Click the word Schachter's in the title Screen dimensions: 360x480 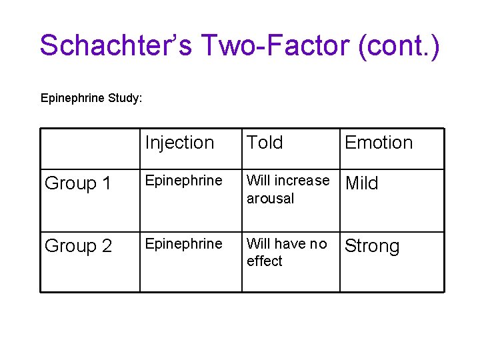click(115, 45)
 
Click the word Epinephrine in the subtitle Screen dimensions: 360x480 click(72, 98)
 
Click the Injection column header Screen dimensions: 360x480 click(179, 143)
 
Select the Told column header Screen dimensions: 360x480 click(265, 143)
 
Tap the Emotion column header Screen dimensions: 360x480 click(378, 143)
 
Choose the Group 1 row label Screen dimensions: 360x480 click(78, 183)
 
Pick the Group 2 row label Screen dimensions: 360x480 click(78, 246)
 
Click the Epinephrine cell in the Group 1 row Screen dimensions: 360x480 click(183, 181)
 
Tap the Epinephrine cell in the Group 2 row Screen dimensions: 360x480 click(183, 243)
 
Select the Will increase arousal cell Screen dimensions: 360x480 click(287, 189)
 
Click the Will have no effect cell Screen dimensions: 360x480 click(287, 252)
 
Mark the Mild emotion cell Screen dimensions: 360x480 click(361, 183)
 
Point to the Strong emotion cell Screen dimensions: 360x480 click(371, 246)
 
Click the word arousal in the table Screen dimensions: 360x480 click(270, 198)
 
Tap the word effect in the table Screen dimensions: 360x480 click(264, 261)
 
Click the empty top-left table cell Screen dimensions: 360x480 click(90, 148)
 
